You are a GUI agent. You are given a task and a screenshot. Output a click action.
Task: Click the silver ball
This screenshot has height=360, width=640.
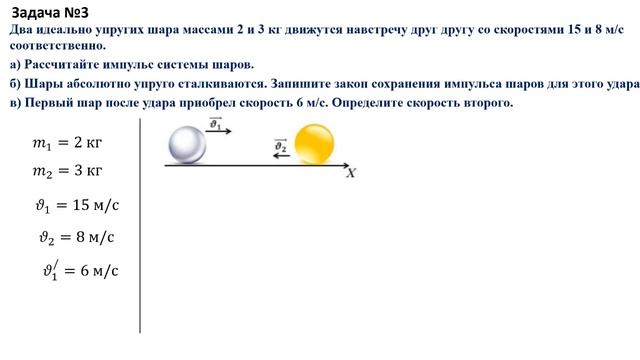(x=185, y=145)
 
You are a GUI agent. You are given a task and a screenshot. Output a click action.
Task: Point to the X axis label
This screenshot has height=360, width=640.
(x=351, y=173)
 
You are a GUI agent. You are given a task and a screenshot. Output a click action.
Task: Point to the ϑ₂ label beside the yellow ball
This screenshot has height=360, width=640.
(x=281, y=146)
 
